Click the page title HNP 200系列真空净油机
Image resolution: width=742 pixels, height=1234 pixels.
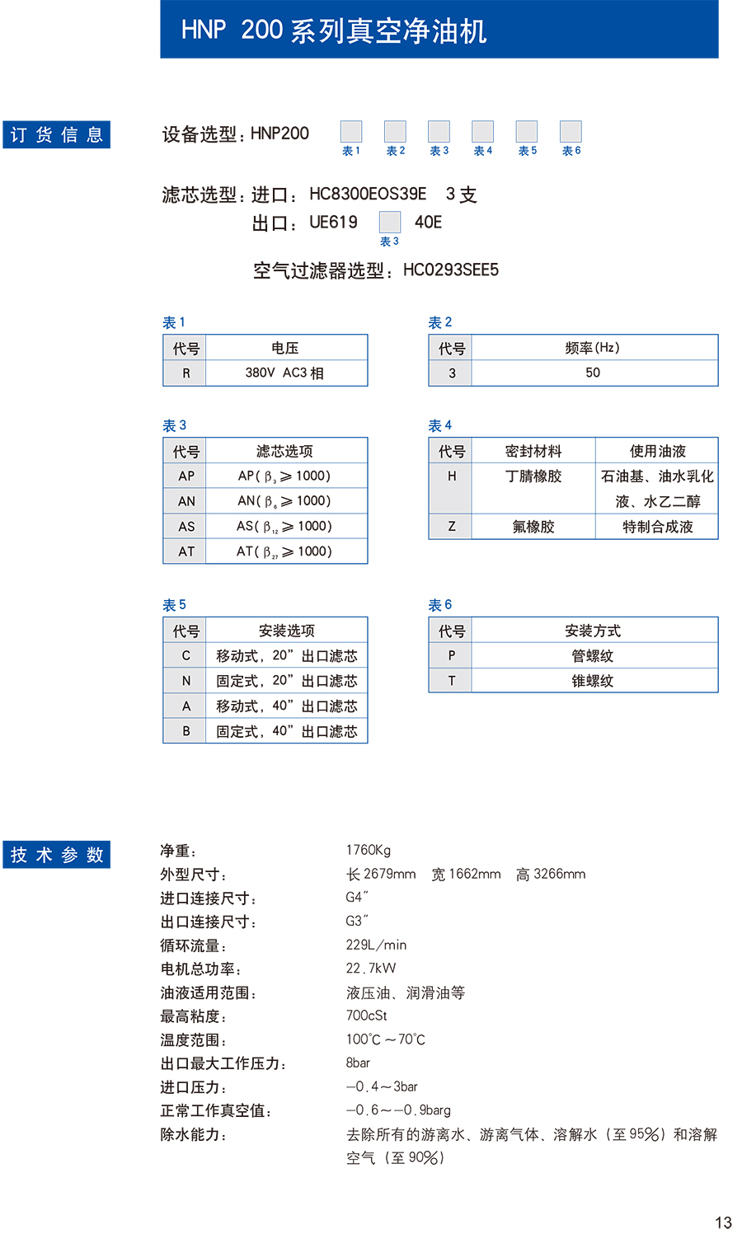click(334, 30)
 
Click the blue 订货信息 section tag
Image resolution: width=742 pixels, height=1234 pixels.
click(57, 135)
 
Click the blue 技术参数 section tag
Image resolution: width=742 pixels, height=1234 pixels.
click(57, 855)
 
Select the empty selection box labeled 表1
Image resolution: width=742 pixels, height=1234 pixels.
click(351, 131)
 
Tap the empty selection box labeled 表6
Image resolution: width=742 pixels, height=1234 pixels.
click(571, 131)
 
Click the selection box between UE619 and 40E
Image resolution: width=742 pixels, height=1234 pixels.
click(390, 222)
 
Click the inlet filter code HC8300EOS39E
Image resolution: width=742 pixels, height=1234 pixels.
click(368, 194)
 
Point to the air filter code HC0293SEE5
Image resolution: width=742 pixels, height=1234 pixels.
click(450, 270)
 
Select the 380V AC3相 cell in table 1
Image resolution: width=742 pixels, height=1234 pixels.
click(285, 373)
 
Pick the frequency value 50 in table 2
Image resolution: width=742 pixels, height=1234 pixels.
click(593, 373)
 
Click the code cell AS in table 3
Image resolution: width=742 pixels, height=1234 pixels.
click(186, 526)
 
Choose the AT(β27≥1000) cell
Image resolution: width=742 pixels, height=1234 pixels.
click(284, 551)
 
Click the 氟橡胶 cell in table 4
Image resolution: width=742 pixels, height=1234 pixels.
click(533, 527)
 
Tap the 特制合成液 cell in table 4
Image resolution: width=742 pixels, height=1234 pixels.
click(657, 527)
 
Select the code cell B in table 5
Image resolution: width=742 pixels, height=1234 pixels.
click(186, 731)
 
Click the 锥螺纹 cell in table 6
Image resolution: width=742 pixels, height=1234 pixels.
click(593, 681)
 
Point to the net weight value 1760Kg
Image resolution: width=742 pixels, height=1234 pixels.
click(368, 850)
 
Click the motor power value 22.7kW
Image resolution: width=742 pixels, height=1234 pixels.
click(371, 969)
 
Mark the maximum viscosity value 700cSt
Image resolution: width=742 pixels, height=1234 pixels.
click(366, 1016)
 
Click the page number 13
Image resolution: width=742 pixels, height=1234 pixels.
click(723, 1222)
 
